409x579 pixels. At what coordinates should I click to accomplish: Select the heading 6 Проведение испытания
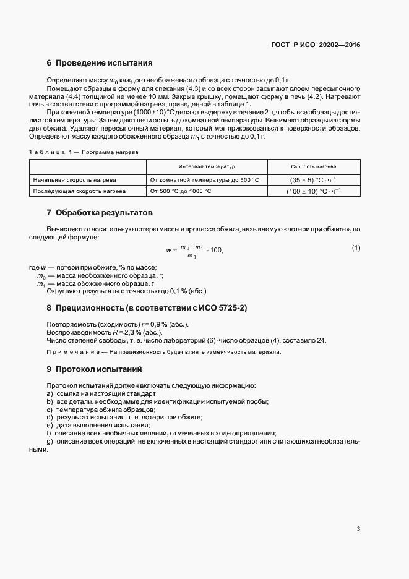pos(99,63)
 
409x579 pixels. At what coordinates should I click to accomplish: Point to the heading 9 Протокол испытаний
pos(94,369)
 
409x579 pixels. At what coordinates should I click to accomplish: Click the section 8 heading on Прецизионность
pos(147,307)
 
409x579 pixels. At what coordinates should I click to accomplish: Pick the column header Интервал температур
pos(207,167)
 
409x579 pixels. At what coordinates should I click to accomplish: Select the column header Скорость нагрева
pos(314,167)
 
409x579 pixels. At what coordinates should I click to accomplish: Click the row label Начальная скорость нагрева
pos(75,179)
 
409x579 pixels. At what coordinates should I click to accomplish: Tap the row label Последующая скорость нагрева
pos(79,191)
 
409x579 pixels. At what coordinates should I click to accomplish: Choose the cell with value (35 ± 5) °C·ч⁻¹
pos(314,179)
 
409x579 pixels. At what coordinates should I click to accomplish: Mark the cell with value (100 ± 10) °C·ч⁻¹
pos(314,191)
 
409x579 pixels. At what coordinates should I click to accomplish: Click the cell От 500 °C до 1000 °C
pos(181,191)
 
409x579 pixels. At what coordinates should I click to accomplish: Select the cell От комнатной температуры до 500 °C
pos(204,179)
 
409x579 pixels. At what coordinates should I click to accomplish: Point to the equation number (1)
pos(356,248)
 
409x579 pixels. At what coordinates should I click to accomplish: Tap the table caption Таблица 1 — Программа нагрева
pos(84,152)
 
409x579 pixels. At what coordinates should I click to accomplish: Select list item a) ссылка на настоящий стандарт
pos(102,393)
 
